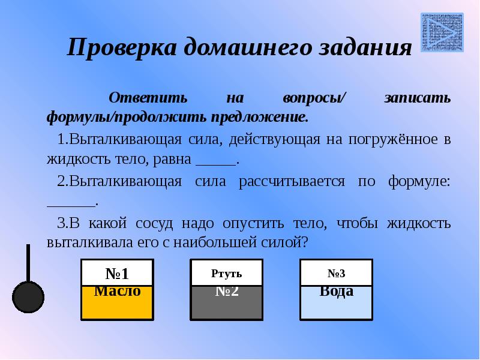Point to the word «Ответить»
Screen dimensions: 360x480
[x=148, y=98]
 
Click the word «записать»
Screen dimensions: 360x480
[x=417, y=98]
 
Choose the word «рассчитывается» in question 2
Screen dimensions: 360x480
[x=293, y=182]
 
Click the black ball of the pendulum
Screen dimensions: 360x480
[x=28, y=296]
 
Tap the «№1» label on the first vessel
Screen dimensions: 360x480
[x=118, y=274]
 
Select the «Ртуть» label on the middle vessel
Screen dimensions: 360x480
[x=226, y=274]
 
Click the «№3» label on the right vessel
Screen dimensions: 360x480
[x=336, y=274]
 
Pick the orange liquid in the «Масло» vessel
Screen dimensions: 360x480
[x=118, y=309]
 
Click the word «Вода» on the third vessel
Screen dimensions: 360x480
[x=336, y=291]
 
